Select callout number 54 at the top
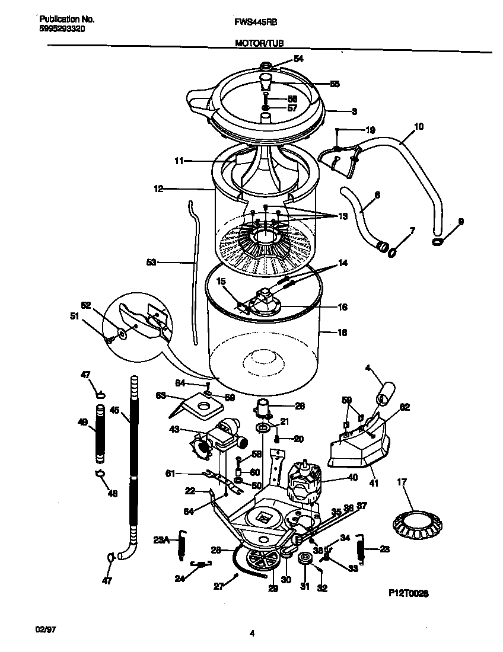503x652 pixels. click(x=298, y=58)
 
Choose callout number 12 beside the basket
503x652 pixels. click(x=158, y=189)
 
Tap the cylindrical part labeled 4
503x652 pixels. click(x=386, y=394)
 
